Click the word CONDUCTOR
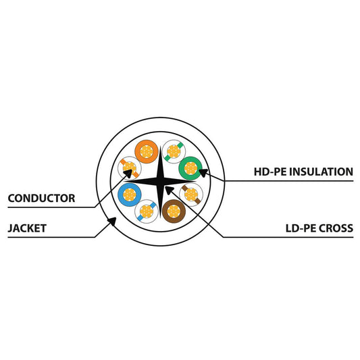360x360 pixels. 41,199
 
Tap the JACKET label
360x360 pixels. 27,228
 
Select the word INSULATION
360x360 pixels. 321,172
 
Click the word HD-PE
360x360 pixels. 270,172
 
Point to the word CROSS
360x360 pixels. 336,228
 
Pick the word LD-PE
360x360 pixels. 301,228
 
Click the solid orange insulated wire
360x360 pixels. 147,151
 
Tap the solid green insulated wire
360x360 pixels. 190,168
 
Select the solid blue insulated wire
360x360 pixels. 130,195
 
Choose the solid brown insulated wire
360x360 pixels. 174,211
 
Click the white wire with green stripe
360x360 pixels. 174,151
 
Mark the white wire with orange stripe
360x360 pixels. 130,168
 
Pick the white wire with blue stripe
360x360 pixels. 147,211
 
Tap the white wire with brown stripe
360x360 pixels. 191,195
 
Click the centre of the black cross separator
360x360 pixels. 160,182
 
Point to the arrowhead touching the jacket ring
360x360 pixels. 112,222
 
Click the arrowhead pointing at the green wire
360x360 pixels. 203,172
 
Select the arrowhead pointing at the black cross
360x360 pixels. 170,190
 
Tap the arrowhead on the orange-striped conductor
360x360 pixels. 128,174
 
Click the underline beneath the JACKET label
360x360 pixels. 51,237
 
